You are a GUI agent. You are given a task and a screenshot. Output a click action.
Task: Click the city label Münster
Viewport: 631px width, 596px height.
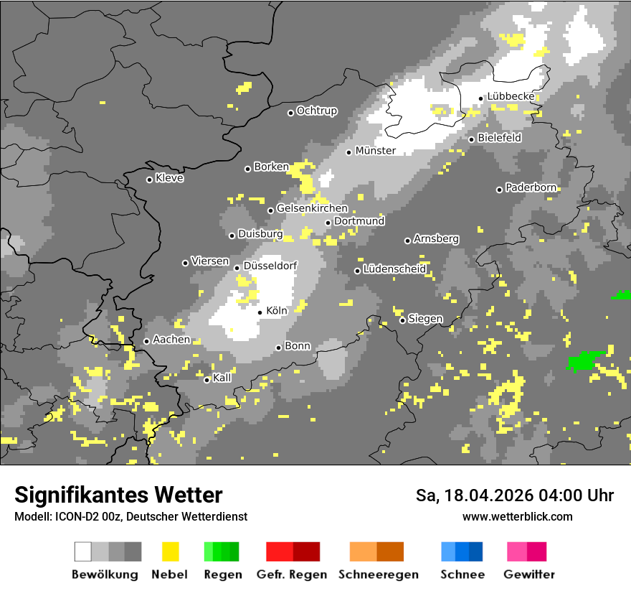tap(375, 151)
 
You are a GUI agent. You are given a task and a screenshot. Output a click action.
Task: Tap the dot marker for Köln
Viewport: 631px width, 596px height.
tap(260, 312)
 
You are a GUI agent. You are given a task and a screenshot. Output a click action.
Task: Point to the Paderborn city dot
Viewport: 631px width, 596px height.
tap(500, 190)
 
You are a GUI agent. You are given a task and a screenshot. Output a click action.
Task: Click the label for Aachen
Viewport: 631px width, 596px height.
tap(171, 340)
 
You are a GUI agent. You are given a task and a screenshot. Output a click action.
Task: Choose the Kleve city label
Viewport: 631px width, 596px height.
tap(169, 178)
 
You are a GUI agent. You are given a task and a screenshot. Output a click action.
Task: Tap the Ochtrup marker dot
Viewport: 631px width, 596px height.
tap(290, 113)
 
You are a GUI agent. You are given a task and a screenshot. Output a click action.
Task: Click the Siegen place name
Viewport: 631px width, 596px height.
tap(425, 319)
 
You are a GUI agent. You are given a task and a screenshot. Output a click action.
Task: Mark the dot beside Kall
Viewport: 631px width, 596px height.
tap(207, 380)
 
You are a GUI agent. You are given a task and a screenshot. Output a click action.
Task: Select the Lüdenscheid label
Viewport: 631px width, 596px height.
tap(394, 269)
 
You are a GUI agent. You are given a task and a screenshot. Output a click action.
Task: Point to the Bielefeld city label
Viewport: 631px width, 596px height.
tap(499, 138)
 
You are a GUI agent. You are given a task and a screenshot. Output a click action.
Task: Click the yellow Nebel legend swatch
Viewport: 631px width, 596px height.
tap(171, 551)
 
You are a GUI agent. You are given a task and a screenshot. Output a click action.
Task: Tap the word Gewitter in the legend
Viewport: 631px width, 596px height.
tap(528, 574)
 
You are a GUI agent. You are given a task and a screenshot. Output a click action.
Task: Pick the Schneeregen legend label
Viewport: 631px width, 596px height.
tap(379, 574)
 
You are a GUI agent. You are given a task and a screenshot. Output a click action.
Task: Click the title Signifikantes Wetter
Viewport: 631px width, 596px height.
tap(118, 495)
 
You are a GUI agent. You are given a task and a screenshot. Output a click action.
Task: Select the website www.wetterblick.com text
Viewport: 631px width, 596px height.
tap(517, 516)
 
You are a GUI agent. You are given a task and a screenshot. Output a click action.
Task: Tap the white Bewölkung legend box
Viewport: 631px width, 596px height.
tap(83, 551)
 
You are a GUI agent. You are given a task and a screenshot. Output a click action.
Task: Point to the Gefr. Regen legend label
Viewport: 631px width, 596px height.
tap(291, 574)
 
